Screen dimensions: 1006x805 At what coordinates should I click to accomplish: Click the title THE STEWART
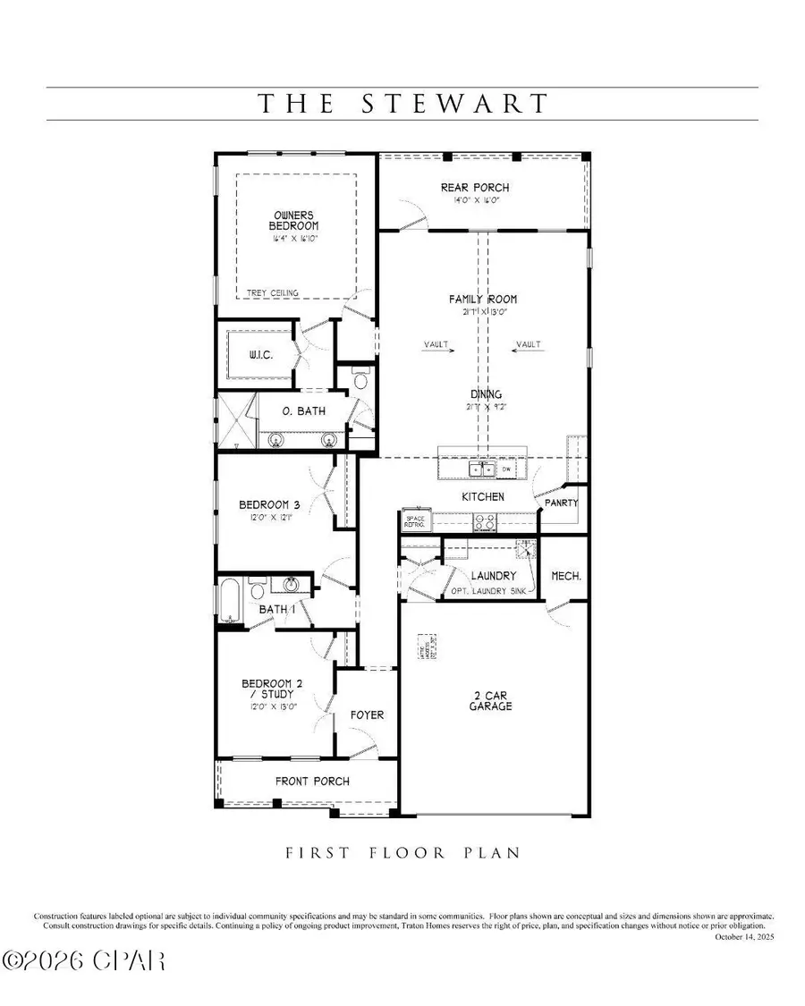tap(402, 104)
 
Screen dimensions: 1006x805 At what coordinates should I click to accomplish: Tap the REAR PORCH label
tap(475, 188)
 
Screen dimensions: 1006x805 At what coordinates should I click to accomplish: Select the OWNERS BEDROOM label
tap(296, 220)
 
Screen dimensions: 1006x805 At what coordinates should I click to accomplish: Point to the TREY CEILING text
tap(273, 292)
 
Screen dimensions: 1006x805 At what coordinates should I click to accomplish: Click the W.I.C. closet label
tap(260, 356)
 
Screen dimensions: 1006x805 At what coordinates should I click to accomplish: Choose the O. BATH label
tap(304, 411)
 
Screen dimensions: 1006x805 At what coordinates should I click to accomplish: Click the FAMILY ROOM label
tap(483, 300)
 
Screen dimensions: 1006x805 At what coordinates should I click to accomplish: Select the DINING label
tap(487, 393)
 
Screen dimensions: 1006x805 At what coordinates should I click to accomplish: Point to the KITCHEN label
tap(483, 496)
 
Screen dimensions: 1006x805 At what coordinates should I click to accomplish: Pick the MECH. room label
tap(566, 576)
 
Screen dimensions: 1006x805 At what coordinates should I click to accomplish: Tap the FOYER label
tap(367, 714)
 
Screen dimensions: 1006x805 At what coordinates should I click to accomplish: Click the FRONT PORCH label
tap(312, 781)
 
